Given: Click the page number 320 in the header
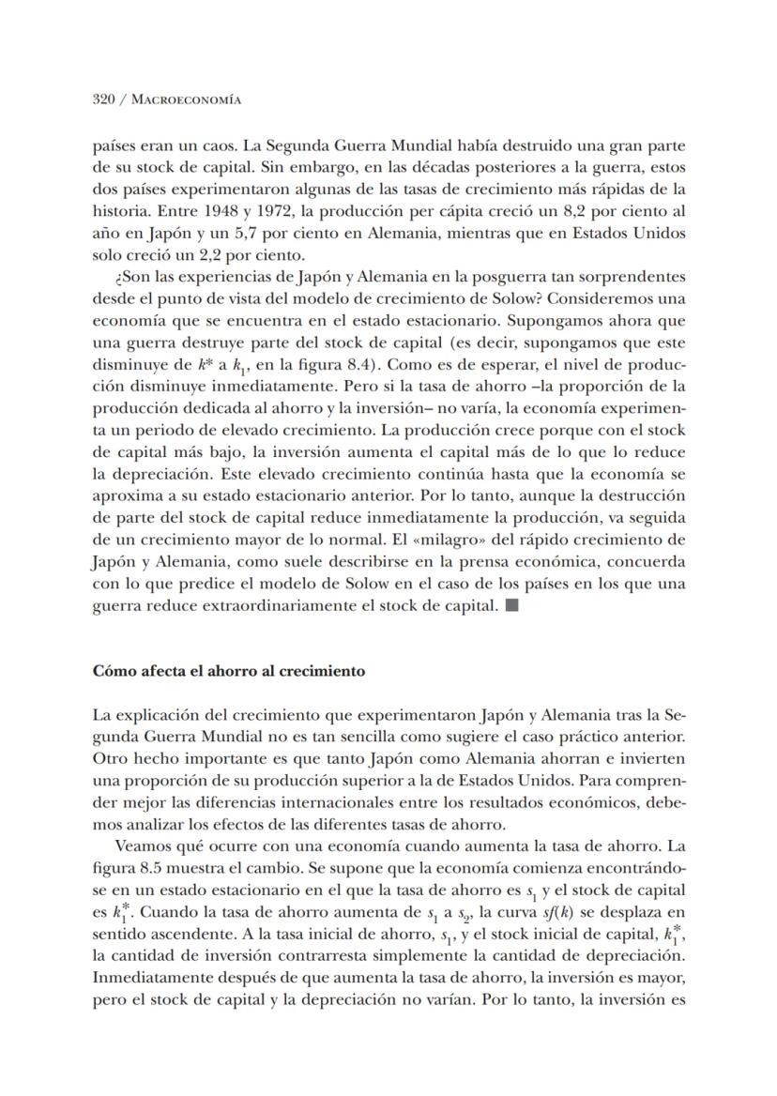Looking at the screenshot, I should (103, 99).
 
